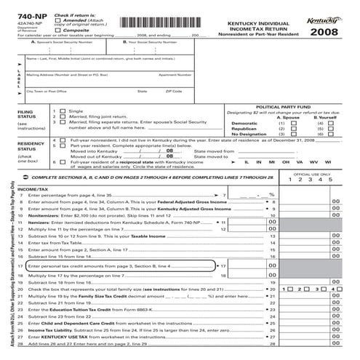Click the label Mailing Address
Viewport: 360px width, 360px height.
click(43, 74)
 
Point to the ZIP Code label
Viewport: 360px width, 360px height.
click(173, 91)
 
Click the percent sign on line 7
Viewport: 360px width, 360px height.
click(271, 195)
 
